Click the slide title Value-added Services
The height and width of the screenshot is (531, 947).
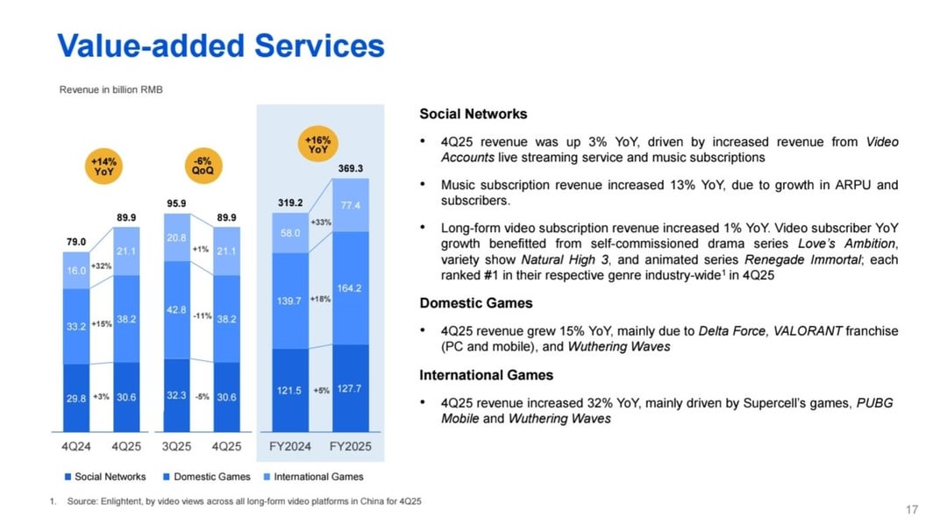[x=220, y=46]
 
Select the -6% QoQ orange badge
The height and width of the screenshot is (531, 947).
[x=202, y=166]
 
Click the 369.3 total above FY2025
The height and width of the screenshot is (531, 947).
[x=351, y=167]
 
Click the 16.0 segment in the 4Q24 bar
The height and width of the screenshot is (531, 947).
[x=75, y=272]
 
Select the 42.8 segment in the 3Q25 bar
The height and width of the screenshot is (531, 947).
[x=176, y=309]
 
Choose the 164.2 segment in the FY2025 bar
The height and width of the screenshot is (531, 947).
[x=351, y=287]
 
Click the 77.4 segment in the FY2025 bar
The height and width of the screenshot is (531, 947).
[x=351, y=205]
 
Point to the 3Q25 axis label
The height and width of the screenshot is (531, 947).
[x=176, y=447]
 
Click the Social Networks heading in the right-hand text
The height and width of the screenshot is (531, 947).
[x=473, y=114]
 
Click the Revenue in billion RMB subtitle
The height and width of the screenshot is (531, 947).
[x=111, y=89]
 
